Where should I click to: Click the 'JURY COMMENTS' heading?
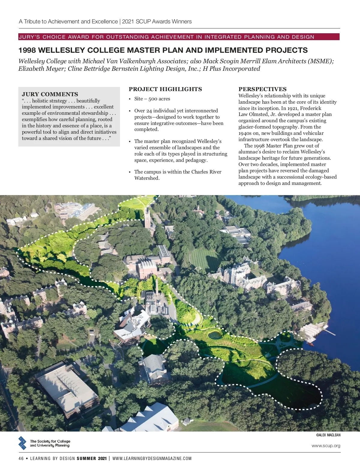50,94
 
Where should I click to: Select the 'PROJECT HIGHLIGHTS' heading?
165,89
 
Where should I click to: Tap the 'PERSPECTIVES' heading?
262,89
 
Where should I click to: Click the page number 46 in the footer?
21,459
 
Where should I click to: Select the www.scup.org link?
326,446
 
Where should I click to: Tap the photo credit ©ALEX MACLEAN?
328,435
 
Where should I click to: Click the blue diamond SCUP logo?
22,443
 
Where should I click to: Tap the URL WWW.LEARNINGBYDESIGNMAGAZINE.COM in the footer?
152,459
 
